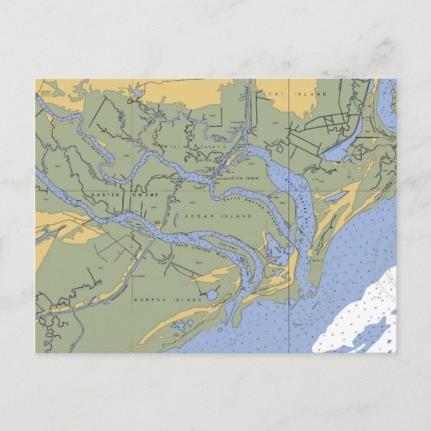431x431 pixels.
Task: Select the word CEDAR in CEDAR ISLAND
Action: (x=197, y=216)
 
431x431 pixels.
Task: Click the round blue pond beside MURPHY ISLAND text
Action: (x=212, y=295)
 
